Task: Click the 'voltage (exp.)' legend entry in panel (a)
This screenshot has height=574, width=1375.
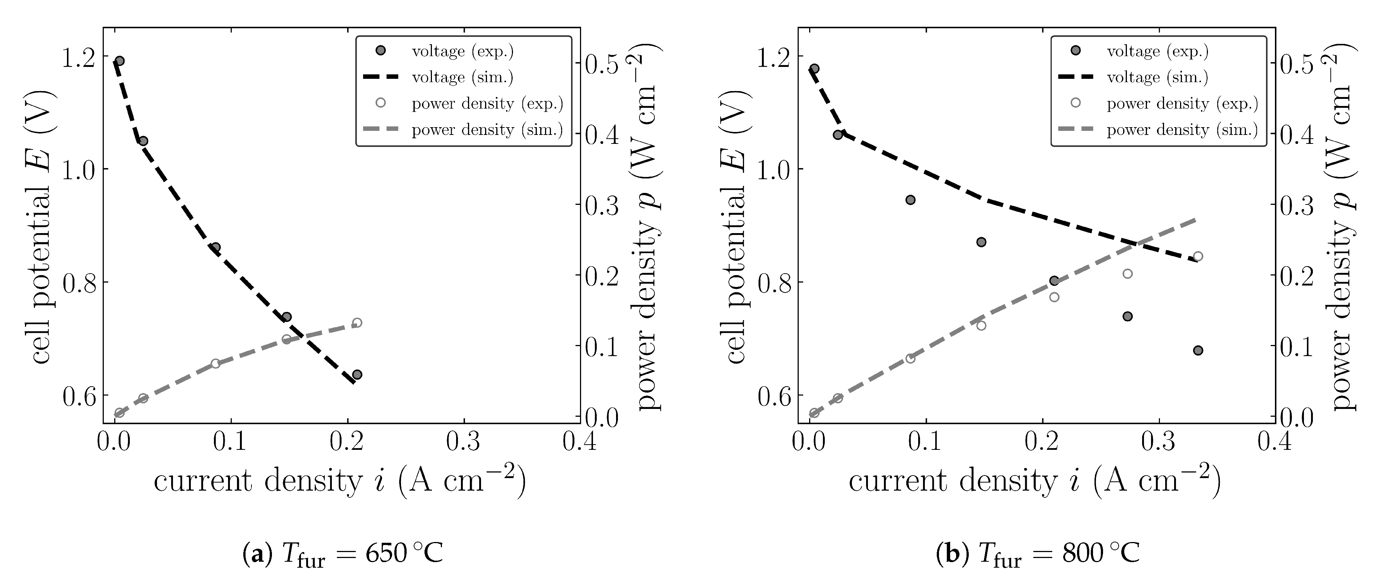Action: tap(462, 51)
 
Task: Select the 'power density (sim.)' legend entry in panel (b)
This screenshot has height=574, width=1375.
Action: tap(1182, 130)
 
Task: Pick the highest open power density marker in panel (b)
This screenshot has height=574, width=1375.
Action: tap(1198, 256)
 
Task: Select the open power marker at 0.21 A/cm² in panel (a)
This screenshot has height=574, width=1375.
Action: tap(357, 323)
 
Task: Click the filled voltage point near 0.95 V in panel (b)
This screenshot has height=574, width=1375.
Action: tap(911, 200)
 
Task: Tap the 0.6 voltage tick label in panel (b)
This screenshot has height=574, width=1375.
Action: tap(774, 396)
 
